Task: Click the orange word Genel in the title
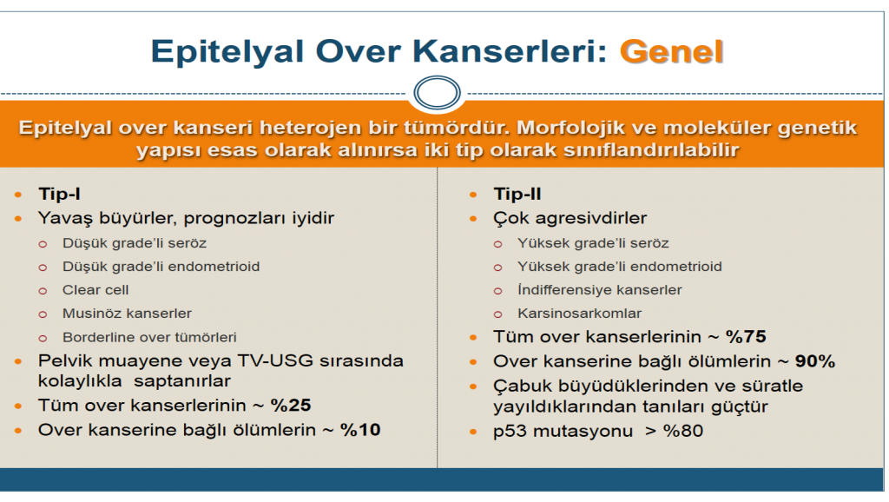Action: click(671, 51)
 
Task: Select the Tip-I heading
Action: click(59, 195)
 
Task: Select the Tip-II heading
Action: click(517, 195)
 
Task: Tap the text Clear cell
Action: click(95, 290)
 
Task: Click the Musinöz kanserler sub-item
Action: click(127, 314)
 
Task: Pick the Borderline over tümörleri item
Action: click(149, 337)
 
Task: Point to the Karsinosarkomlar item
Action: click(579, 314)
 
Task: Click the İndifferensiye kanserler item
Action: click(599, 290)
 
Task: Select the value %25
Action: click(289, 406)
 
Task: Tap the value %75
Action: click(744, 337)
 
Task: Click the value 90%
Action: click(813, 361)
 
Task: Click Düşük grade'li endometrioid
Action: click(161, 267)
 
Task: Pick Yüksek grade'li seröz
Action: click(593, 243)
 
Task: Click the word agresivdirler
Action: click(591, 218)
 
